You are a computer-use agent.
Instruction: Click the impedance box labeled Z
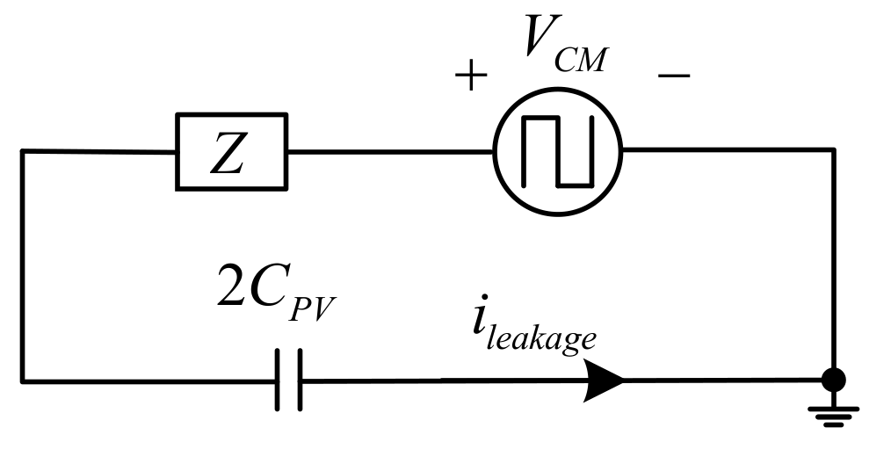tap(232, 150)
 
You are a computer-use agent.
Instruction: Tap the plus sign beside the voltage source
tap(471, 76)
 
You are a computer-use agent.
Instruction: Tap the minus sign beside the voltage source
tap(673, 76)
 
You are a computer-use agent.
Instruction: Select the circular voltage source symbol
tap(557, 150)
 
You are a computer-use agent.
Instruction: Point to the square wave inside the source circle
tap(557, 150)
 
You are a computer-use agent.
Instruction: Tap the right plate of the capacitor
tap(300, 380)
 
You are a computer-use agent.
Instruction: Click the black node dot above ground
tap(833, 380)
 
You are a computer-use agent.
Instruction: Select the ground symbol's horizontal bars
tap(833, 416)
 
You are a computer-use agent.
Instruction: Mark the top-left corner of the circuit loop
tap(23, 151)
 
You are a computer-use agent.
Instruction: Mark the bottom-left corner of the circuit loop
tap(23, 381)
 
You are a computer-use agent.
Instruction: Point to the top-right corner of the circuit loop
tap(833, 150)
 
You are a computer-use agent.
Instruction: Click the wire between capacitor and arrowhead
tap(439, 380)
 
